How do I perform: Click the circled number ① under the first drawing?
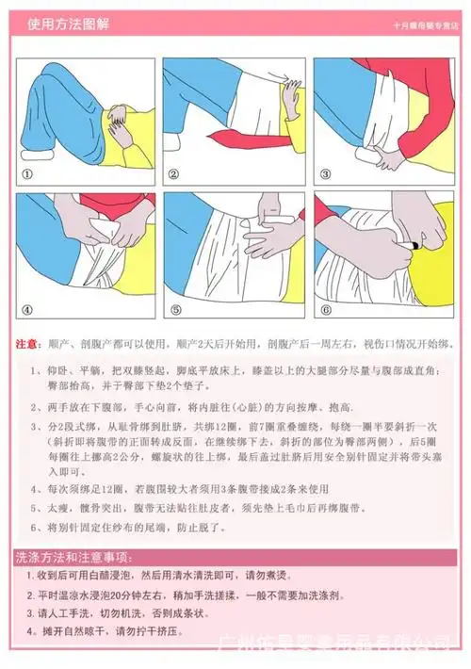27,174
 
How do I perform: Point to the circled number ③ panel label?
324,174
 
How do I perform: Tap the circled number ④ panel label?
27,309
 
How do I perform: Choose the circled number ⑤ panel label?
175,309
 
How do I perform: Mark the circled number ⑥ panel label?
325,309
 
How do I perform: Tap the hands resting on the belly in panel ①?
118,118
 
